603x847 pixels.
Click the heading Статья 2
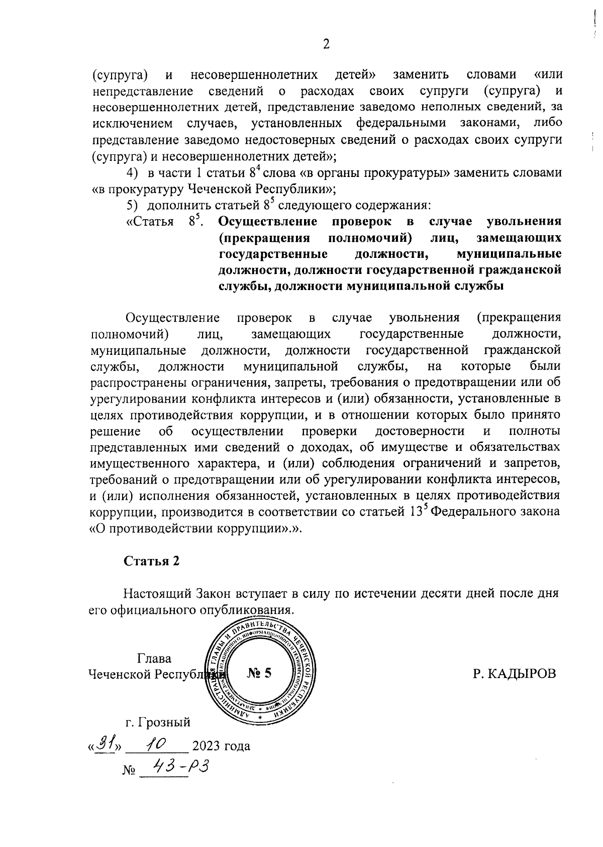[152, 561]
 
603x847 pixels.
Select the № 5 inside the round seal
[259, 673]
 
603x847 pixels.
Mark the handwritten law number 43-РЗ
[180, 767]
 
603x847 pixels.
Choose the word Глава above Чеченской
[154, 658]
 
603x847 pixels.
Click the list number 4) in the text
[132, 173]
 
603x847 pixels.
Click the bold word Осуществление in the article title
[268, 222]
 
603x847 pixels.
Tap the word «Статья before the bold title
[149, 222]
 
